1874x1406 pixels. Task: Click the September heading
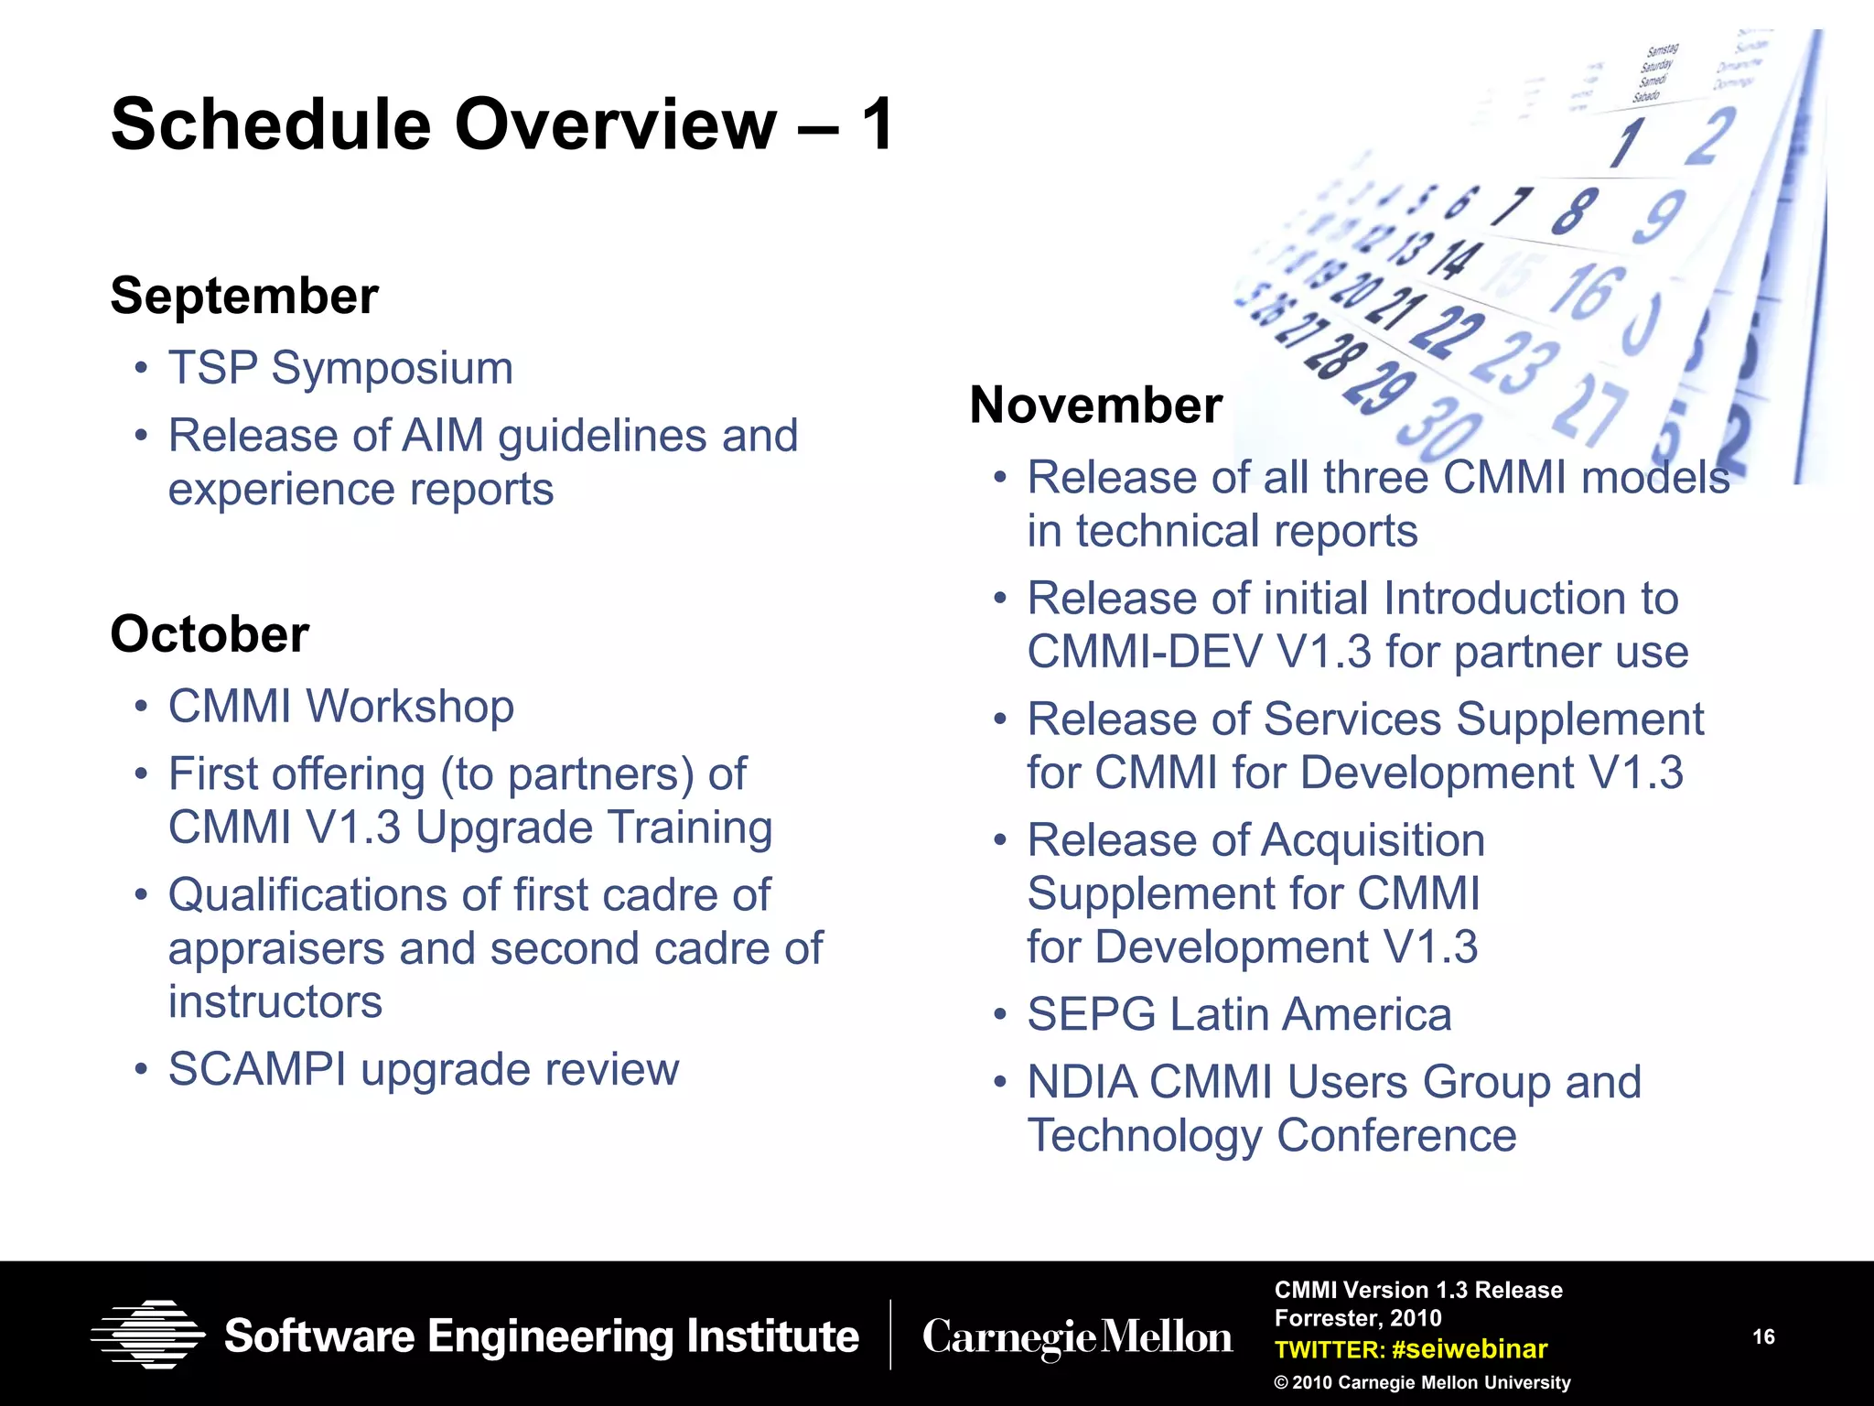pos(243,296)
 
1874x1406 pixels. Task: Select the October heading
pos(210,633)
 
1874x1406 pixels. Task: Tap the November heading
pos(1095,405)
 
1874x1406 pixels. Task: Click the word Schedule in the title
pos(271,124)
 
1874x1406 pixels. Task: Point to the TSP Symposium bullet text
pos(340,368)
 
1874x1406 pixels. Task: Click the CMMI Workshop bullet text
pos(340,707)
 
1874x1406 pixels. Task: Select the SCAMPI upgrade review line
pos(423,1069)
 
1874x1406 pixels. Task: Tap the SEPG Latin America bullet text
pos(1239,1014)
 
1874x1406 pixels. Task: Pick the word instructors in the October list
pos(275,1001)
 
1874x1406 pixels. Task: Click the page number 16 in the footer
pos(1763,1336)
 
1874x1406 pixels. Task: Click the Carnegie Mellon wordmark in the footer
pos(1077,1337)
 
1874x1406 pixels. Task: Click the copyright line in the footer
pos(1422,1382)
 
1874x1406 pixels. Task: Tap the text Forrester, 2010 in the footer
pos(1358,1318)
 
